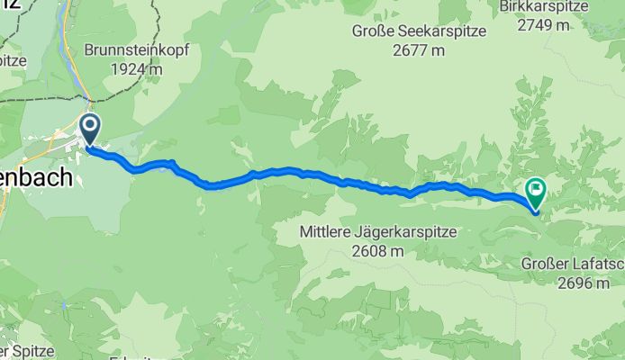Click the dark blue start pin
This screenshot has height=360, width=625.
point(90,129)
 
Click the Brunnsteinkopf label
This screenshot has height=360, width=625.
point(136,50)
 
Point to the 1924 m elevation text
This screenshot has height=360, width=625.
point(136,68)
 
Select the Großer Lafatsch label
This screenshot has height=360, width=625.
point(573,264)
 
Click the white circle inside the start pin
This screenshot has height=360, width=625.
point(90,125)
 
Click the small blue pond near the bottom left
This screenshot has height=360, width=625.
point(65,305)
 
